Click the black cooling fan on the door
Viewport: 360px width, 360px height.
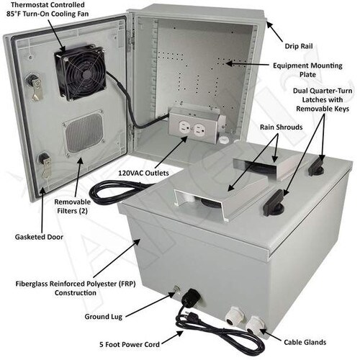pyautogui.click(x=81, y=72)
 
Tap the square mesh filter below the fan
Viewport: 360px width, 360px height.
pyautogui.click(x=84, y=132)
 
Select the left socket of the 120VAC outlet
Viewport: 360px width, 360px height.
pyautogui.click(x=184, y=127)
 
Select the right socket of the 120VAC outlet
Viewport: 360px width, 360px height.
pyautogui.click(x=201, y=130)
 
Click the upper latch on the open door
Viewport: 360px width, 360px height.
pyautogui.click(x=35, y=87)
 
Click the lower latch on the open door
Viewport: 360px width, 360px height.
pyautogui.click(x=45, y=164)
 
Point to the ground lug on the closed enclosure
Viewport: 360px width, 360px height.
pyautogui.click(x=177, y=289)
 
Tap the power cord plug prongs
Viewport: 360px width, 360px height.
pyautogui.click(x=192, y=315)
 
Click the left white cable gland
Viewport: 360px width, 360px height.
pyautogui.click(x=234, y=316)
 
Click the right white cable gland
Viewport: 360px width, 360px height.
pyautogui.click(x=254, y=325)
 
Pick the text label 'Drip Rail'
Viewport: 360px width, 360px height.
pyautogui.click(x=299, y=46)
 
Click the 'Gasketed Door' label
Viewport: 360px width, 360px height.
pyautogui.click(x=39, y=237)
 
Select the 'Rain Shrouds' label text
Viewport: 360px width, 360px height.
pyautogui.click(x=281, y=127)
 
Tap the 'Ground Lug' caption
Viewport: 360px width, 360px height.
pyautogui.click(x=104, y=317)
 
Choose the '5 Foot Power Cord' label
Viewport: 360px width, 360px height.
pyautogui.click(x=130, y=345)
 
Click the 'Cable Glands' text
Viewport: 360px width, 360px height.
pyautogui.click(x=305, y=342)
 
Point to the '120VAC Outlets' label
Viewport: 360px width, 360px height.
pyautogui.click(x=143, y=173)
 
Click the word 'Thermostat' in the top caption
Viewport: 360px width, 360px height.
pyautogui.click(x=27, y=5)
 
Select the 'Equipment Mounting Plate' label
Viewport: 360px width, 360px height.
pyautogui.click(x=307, y=70)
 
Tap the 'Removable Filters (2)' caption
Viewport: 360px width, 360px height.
pyautogui.click(x=72, y=207)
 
